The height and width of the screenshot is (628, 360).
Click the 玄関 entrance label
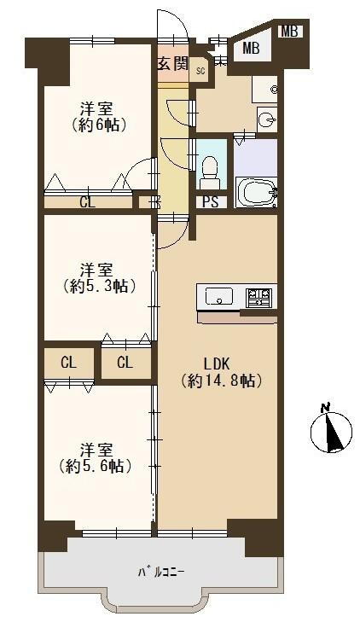click(172, 63)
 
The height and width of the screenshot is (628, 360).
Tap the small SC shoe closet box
click(200, 71)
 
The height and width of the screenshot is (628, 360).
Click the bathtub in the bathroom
click(256, 193)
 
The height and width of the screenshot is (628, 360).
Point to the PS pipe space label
click(211, 201)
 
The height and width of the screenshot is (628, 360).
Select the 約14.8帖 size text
click(221, 381)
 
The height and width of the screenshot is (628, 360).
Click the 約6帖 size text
click(99, 125)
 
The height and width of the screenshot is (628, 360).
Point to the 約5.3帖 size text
click(98, 287)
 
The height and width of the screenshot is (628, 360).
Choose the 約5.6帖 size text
click(96, 466)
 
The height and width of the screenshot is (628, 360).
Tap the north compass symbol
click(332, 432)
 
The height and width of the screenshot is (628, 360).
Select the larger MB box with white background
click(252, 49)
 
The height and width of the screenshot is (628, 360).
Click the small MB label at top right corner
click(289, 32)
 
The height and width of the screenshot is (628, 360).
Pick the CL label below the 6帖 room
click(88, 202)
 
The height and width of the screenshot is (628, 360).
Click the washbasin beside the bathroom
click(267, 119)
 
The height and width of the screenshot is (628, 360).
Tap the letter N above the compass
click(325, 408)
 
